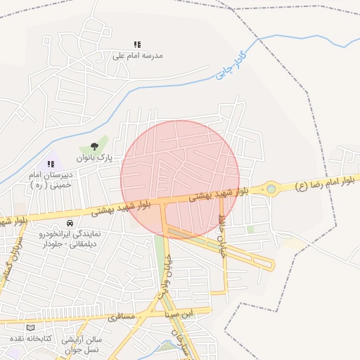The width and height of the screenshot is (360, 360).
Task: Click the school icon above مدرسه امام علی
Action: point(137,44)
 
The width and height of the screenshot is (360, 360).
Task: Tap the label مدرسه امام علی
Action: point(138,55)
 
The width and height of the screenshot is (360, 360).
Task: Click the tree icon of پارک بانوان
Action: point(94,147)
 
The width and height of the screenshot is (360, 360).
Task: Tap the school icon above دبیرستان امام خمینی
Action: point(51,164)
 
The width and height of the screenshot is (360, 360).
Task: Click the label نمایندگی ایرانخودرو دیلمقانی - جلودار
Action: point(72,238)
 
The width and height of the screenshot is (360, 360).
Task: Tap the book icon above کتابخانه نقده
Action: point(30,328)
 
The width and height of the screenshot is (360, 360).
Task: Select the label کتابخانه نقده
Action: point(27,338)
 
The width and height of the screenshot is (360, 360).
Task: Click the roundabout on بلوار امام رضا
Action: point(271,188)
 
